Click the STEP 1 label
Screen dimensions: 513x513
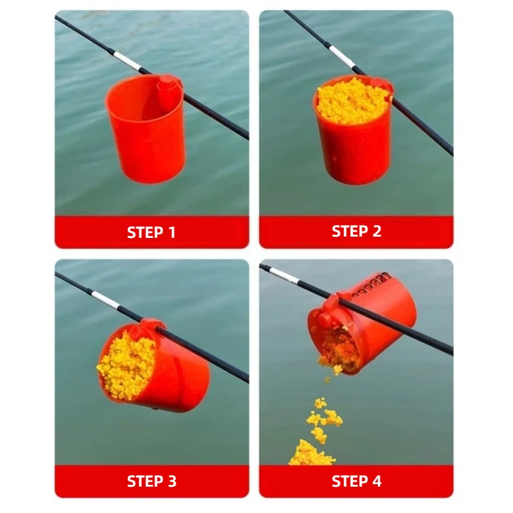(151, 232)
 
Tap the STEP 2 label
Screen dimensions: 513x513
(357, 231)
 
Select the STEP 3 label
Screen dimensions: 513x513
(151, 482)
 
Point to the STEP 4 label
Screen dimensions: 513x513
(357, 482)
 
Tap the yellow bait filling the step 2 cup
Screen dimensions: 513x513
(353, 101)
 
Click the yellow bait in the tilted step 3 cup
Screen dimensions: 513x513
(126, 365)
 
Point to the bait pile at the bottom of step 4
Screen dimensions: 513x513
(311, 453)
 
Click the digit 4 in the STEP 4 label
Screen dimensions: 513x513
(376, 482)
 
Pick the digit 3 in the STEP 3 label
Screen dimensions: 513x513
(171, 482)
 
